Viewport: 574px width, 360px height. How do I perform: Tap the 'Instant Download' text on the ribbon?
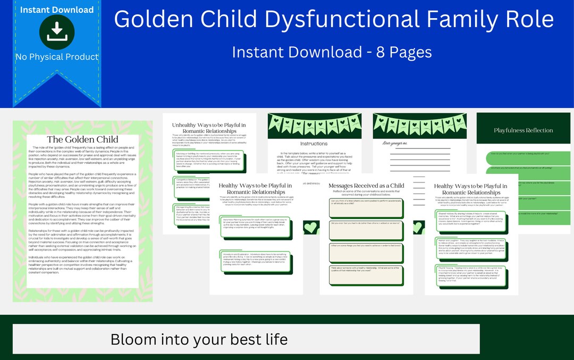point(57,10)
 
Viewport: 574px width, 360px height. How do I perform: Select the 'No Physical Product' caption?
point(57,56)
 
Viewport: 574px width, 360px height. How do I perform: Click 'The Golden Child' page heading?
point(82,139)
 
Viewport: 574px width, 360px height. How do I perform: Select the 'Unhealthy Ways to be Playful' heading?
point(209,128)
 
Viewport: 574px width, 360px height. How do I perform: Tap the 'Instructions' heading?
point(314,144)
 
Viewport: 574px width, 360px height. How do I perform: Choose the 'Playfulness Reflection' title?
point(523,130)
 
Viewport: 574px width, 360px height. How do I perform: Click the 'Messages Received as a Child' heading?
point(366,186)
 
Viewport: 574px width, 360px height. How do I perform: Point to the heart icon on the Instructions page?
point(310,228)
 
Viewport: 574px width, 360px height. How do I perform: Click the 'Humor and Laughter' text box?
point(470,247)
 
